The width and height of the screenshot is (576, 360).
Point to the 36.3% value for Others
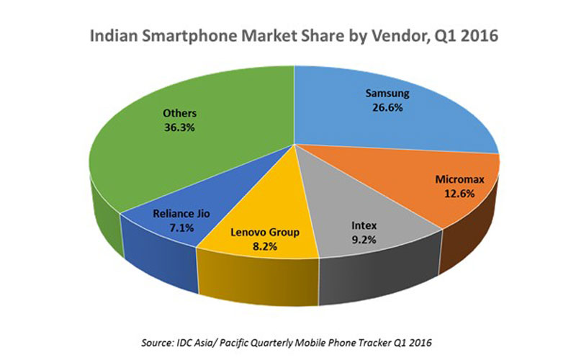click(x=179, y=127)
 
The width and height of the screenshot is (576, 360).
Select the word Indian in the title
click(x=111, y=35)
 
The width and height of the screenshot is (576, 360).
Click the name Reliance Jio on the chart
click(x=181, y=213)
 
